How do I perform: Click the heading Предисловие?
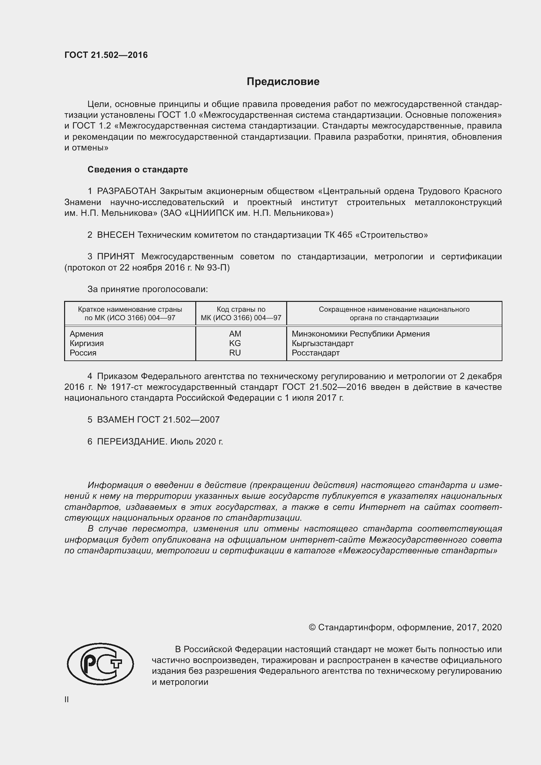pos(283,82)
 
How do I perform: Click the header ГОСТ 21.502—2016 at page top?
pos(106,55)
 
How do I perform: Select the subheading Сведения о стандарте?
pos(138,170)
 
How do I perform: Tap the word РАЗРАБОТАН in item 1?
pos(127,191)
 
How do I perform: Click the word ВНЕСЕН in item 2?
pos(115,235)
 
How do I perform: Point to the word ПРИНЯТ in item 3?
pos(115,256)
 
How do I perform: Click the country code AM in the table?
pos(235,334)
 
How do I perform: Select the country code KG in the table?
pos(235,343)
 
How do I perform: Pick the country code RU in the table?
pos(235,353)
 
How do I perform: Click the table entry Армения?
pos(87,334)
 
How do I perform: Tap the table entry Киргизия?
pos(87,343)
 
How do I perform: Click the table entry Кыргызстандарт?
pos(323,343)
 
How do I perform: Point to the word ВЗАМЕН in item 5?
pos(115,420)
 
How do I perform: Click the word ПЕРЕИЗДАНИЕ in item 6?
pos(131,442)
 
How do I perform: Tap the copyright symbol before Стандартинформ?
pos(312,627)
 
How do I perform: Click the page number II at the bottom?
pos(67,700)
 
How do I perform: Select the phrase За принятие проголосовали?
pos(148,289)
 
